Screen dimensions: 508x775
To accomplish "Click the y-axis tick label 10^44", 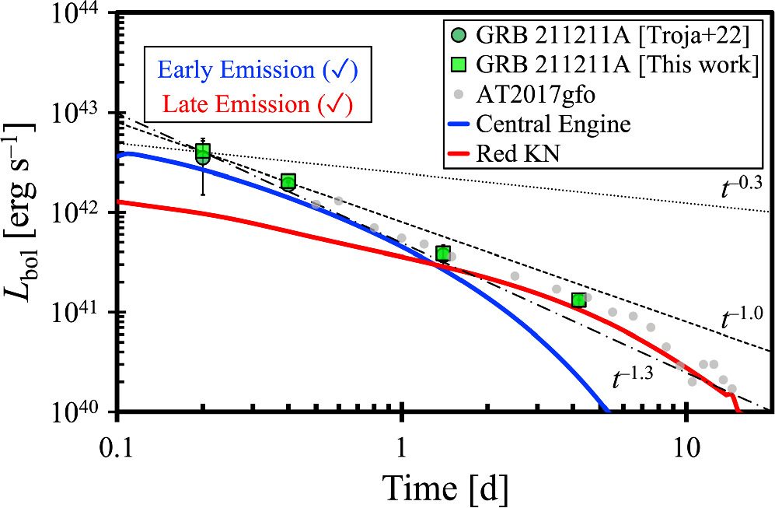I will click(82, 15).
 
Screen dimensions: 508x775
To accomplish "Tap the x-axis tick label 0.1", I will click(117, 438).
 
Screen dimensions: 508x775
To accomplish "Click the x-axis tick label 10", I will click(686, 438).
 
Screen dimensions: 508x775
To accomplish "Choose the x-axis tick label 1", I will click(401, 438).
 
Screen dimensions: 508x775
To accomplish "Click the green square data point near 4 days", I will click(578, 300).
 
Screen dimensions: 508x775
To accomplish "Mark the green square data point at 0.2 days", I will click(203, 151).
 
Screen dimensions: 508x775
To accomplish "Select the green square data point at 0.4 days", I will click(288, 181).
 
